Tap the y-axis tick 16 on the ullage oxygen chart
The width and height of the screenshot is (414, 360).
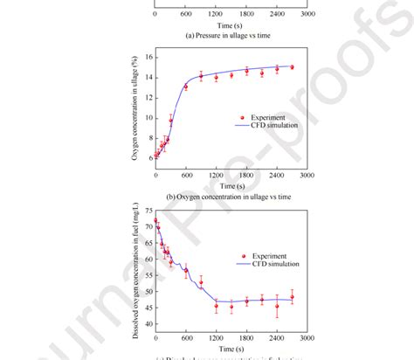coord(148,57)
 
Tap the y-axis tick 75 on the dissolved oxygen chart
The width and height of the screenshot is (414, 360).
coord(148,211)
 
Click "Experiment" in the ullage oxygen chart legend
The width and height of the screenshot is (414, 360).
coord(267,116)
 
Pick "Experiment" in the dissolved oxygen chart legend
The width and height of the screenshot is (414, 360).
coord(267,256)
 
